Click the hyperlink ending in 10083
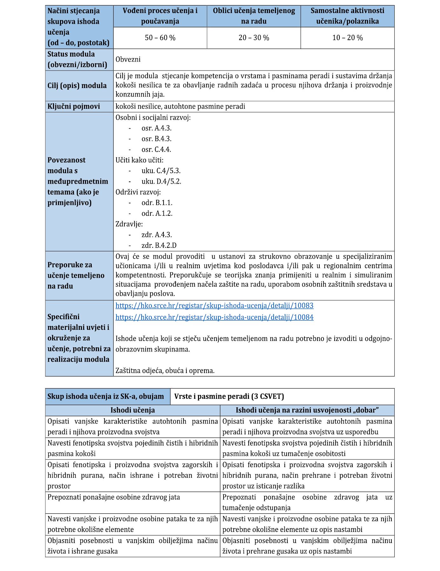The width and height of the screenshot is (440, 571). point(214,306)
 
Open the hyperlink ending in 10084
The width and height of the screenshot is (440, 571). point(214,317)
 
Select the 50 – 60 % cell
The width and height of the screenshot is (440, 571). point(160,38)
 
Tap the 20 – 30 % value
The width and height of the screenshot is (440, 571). point(254,38)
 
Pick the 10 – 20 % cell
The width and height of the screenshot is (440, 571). point(347,38)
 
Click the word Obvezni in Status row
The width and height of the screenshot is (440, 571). point(128,59)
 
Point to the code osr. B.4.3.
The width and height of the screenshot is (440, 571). point(156,139)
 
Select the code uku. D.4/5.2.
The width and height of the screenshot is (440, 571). point(161,181)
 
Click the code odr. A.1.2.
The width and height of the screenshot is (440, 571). point(157,214)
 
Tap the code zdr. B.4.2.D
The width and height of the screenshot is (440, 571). point(159,245)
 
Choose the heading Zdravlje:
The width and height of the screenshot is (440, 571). point(129,224)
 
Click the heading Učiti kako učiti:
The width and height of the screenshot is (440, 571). point(139,160)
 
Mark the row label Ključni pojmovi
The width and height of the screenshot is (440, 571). point(74,106)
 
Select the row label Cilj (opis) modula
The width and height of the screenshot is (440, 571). point(77,86)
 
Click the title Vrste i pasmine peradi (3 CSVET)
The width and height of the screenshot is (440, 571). point(229,397)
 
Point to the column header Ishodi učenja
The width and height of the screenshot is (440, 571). point(133,410)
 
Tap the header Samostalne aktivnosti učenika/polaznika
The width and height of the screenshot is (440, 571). point(347,16)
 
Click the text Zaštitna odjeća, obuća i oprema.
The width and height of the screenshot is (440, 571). point(165,370)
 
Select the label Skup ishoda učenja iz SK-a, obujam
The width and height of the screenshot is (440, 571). point(106,397)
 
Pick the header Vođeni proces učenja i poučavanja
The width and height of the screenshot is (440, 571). point(160,16)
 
